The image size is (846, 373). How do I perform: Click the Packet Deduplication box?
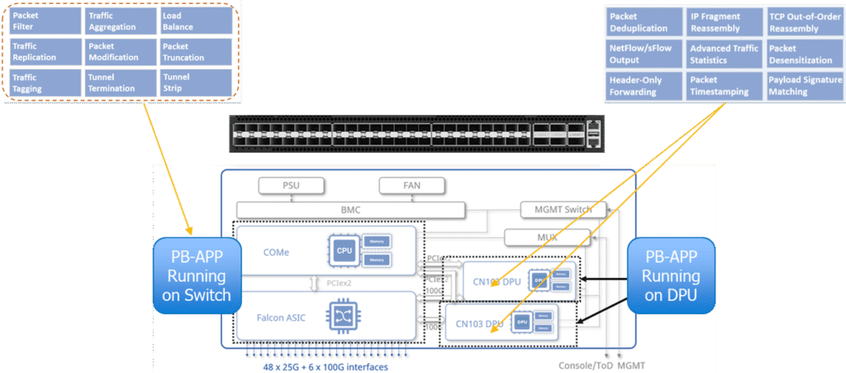pos(643,22)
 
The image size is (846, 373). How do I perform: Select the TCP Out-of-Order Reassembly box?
pos(804,22)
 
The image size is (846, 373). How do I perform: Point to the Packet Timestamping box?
pos(724,86)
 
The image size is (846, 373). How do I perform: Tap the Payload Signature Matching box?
pos(804,86)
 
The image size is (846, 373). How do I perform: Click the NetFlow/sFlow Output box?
pos(643,55)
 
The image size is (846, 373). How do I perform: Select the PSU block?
pos(290,186)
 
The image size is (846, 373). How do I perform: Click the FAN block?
pos(411,186)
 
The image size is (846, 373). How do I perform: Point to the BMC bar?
pos(352,210)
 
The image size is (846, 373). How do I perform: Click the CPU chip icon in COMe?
pos(342,251)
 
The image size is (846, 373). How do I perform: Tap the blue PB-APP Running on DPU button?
pos(671,276)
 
